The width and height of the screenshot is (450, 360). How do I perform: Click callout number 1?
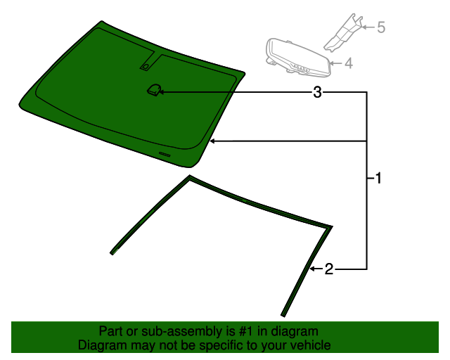pos(378,179)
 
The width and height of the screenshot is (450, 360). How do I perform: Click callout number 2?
pos(328,269)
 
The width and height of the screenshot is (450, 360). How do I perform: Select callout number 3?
pos(318,92)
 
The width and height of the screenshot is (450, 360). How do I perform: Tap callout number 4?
pos(349,63)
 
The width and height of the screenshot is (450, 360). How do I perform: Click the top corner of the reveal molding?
pos(188,177)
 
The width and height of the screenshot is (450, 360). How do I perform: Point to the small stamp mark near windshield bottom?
pos(165,153)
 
